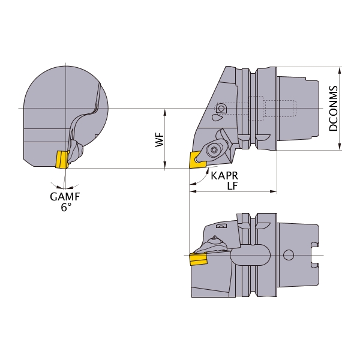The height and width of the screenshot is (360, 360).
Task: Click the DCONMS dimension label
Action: coord(334,109)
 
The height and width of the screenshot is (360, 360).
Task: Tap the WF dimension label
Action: coord(160,140)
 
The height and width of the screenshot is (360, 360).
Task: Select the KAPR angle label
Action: coord(224,176)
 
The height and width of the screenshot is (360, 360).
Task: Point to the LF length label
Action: coord(232,186)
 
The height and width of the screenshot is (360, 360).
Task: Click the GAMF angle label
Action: coord(65,197)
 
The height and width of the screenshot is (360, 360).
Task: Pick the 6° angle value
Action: coord(66,208)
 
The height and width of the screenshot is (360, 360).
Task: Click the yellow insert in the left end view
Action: coord(62,159)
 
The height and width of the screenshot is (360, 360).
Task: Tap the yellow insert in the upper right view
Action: coord(197,160)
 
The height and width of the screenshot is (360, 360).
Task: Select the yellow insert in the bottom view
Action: coord(198,259)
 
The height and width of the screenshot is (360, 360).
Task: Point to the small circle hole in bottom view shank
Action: coord(289,255)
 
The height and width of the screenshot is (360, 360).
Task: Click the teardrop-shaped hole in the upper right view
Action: coord(217,118)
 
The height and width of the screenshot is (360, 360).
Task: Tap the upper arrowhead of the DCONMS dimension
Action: coord(340,70)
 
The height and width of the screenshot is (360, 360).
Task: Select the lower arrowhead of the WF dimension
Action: coord(164,164)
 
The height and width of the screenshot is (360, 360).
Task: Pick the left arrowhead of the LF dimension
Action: coord(193,191)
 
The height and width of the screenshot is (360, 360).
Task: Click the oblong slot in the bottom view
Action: coord(250,255)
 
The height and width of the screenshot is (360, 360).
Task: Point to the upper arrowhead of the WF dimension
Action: coord(164,113)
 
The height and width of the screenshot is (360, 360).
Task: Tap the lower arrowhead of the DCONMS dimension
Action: coord(340,147)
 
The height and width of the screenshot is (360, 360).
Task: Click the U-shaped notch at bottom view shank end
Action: coord(315,255)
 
